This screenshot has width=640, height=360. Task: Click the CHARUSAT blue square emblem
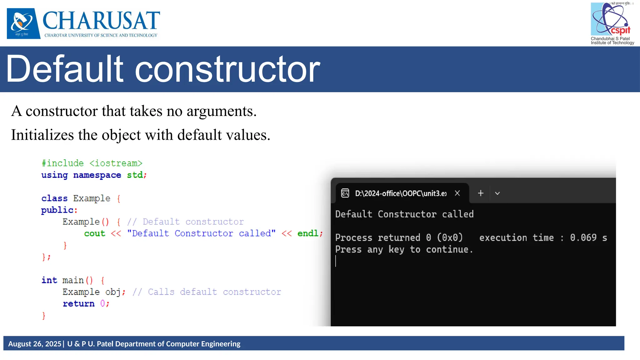click(23, 23)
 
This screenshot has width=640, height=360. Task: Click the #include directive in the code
click(63, 163)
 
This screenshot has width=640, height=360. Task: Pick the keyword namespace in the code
click(97, 175)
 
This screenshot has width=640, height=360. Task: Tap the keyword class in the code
click(54, 198)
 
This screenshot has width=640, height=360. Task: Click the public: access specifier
click(59, 210)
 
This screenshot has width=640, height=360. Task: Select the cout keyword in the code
click(94, 233)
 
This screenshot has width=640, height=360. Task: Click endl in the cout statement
click(308, 233)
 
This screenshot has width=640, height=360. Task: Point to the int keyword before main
click(49, 280)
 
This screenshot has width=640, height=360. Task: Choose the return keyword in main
click(78, 304)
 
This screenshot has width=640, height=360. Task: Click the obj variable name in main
click(113, 292)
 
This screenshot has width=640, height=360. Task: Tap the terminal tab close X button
click(457, 193)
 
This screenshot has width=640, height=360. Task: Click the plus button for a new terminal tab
click(481, 193)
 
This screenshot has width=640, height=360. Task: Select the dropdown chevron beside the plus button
click(497, 193)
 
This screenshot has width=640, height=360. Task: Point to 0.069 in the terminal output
click(583, 238)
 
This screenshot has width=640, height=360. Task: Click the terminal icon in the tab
click(345, 193)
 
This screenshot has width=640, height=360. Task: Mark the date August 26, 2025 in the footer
click(35, 344)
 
